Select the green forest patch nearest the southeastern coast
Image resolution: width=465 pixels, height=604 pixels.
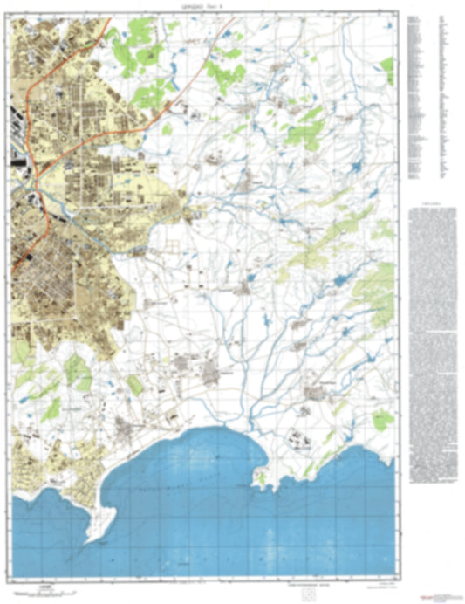pos(381,420)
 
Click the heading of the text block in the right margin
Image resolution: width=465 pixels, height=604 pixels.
pos(431,209)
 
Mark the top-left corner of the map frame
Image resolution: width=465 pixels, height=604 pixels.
pos(14,17)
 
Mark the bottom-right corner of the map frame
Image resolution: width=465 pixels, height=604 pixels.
pos(398,577)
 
